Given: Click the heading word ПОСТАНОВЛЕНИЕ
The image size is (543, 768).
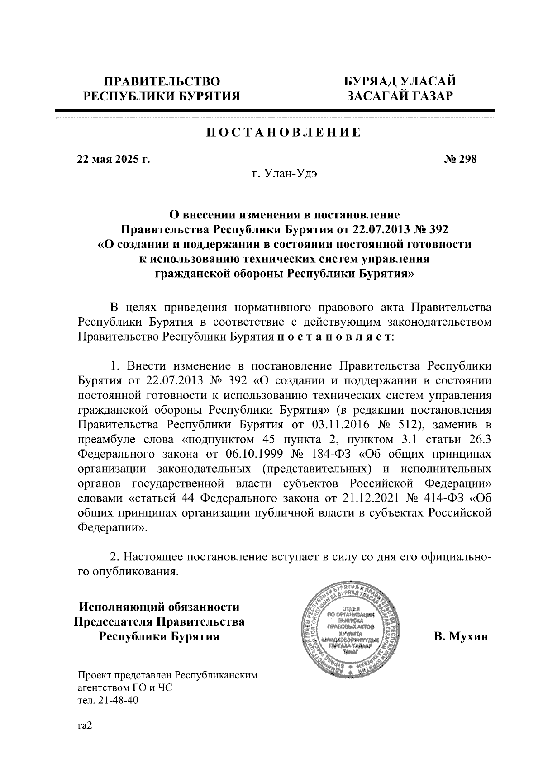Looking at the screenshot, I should pyautogui.click(x=284, y=133).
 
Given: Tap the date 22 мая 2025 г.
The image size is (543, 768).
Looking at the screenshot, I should pyautogui.click(x=113, y=159).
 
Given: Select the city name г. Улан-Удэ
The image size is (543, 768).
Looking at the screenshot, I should pyautogui.click(x=285, y=174).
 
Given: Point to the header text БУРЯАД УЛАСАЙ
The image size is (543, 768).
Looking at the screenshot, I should pyautogui.click(x=400, y=81).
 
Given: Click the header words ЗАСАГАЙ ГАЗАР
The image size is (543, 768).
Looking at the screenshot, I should pyautogui.click(x=400, y=96).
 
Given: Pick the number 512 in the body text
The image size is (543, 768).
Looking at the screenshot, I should pyautogui.click(x=404, y=425).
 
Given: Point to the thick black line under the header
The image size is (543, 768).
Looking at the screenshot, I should pyautogui.click(x=275, y=110).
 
